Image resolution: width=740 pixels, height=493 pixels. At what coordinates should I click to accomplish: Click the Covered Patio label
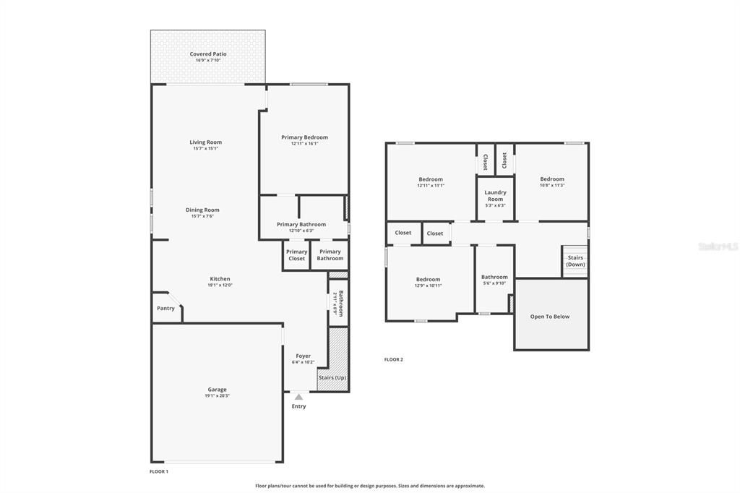[x=208, y=54]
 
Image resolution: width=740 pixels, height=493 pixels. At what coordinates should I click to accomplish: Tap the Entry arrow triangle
[x=298, y=396]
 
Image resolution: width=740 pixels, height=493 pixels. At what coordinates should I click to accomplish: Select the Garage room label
[x=217, y=390]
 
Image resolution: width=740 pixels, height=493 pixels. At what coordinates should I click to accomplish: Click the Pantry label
[x=165, y=309]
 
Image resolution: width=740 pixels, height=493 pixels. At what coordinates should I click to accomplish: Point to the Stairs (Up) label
[x=332, y=377]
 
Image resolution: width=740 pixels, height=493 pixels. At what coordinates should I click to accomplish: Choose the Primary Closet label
[x=297, y=254]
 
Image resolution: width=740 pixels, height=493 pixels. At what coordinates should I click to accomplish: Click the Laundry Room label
[x=495, y=195]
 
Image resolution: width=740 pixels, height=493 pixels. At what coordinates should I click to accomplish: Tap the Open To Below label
[x=550, y=317]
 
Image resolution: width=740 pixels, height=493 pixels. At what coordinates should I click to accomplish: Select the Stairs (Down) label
[x=575, y=261]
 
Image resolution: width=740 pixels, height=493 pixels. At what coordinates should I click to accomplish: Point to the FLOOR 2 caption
[x=393, y=359]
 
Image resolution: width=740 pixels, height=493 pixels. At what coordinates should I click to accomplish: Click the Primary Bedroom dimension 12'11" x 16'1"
[x=304, y=143]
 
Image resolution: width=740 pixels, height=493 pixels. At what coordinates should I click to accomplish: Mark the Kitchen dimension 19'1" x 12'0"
[x=220, y=285]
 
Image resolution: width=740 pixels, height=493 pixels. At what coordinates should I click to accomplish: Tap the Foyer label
[x=303, y=356]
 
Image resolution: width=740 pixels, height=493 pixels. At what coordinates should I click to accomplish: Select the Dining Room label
[x=205, y=210]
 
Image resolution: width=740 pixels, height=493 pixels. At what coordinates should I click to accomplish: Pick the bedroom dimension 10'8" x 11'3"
[x=552, y=185]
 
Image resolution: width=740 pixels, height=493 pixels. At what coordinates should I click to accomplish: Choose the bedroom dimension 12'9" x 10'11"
[x=428, y=286]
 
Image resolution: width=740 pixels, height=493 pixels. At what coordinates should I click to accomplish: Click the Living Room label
[x=205, y=142]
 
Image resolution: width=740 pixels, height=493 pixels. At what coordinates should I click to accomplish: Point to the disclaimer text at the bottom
[x=370, y=486]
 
